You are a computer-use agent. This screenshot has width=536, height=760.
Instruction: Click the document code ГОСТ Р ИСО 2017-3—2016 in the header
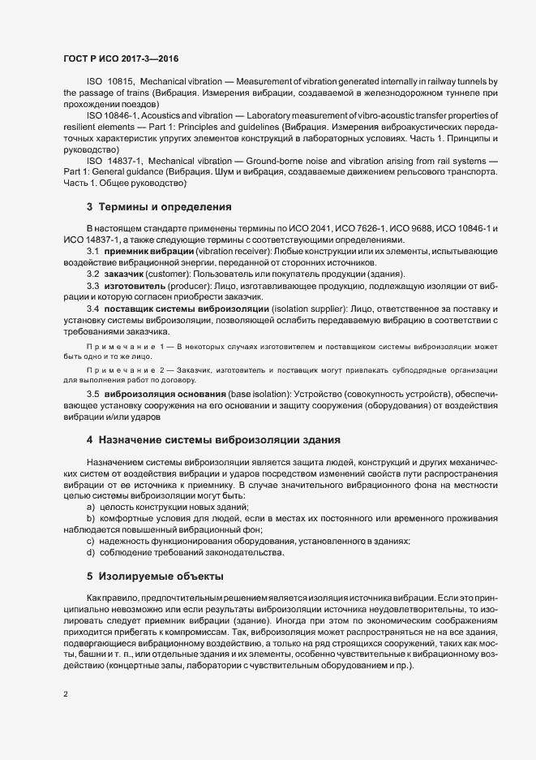(121, 59)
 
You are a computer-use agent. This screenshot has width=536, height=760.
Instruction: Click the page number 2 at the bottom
(65, 694)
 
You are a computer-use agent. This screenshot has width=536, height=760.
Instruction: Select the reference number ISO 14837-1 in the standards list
(114, 162)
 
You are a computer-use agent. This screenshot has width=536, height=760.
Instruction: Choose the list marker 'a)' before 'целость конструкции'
(90, 507)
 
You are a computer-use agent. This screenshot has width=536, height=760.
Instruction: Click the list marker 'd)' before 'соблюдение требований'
(90, 552)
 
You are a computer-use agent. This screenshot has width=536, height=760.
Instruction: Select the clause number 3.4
(92, 311)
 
